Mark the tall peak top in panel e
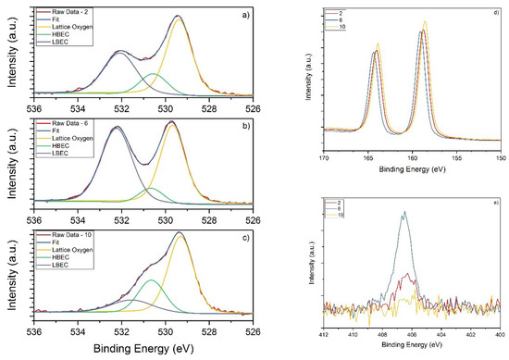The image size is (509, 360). pyautogui.click(x=403, y=212)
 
